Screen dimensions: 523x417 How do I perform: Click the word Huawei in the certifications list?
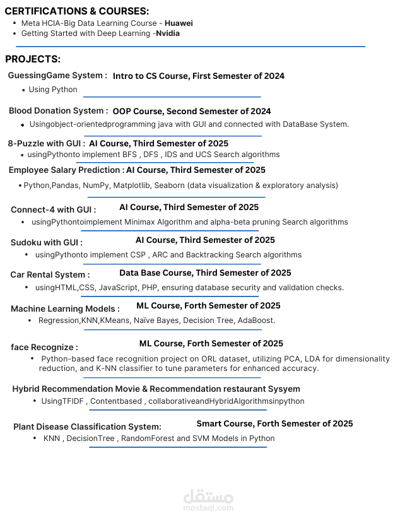click(x=179, y=23)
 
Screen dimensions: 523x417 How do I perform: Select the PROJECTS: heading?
click(x=33, y=59)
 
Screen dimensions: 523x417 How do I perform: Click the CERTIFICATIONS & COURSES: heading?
click(x=77, y=11)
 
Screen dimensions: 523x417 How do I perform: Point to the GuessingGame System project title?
click(x=57, y=76)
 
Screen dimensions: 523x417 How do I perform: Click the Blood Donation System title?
click(x=58, y=111)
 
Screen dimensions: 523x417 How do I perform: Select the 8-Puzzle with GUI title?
click(x=46, y=143)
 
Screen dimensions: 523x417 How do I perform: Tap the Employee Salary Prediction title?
click(x=66, y=170)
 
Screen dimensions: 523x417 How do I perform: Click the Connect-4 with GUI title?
click(x=53, y=209)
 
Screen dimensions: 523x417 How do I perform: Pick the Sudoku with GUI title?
click(x=46, y=242)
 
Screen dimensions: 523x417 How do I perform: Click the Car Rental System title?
click(x=50, y=275)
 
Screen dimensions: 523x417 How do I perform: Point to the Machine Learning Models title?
click(x=64, y=309)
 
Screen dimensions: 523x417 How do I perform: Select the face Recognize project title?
click(x=44, y=347)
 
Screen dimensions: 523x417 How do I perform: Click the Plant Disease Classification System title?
click(x=87, y=427)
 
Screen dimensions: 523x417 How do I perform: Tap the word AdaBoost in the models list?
click(x=256, y=320)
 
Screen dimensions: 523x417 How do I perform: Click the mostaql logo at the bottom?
click(x=208, y=500)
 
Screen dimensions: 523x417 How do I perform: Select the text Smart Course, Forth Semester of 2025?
click(x=274, y=424)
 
